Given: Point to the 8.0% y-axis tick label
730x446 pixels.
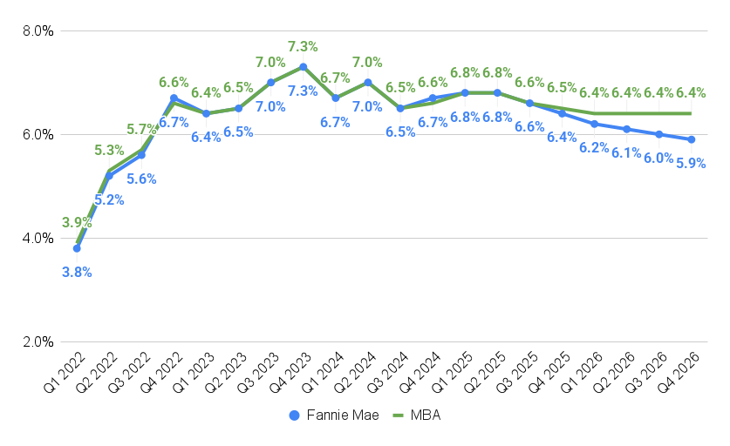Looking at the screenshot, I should [38, 31].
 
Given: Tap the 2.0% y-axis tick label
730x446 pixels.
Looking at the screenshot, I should [38, 342].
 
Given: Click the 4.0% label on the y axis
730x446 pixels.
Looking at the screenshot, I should [38, 239].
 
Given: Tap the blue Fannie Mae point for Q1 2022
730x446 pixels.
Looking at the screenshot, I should [77, 248].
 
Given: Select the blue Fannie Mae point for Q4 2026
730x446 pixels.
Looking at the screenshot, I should [692, 139].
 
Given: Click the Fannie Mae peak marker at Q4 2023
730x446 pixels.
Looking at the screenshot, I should [303, 67].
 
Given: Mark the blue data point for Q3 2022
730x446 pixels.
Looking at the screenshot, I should [141, 155].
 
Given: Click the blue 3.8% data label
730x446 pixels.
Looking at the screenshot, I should [77, 272].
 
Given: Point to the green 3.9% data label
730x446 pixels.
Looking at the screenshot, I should [77, 223].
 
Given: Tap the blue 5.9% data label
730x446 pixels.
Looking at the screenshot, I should [692, 163].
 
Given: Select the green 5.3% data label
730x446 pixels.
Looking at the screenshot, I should [109, 150].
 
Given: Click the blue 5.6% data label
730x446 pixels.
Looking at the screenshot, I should [141, 179].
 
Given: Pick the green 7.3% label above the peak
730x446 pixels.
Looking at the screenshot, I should [303, 46].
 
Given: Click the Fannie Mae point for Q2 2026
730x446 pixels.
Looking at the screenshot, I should [627, 129].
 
